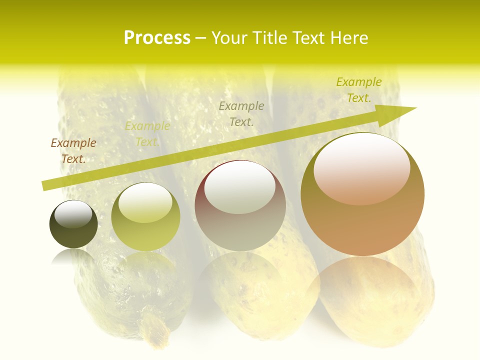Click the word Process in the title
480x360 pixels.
[x=157, y=38]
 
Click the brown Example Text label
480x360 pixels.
[x=73, y=150]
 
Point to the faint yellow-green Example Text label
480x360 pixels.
[x=147, y=133]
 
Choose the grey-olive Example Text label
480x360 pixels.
[x=241, y=113]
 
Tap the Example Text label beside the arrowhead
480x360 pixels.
[x=359, y=89]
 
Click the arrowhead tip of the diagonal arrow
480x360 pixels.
[x=415, y=108]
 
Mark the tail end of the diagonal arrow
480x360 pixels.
[x=43, y=186]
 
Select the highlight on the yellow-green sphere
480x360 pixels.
[x=145, y=202]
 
